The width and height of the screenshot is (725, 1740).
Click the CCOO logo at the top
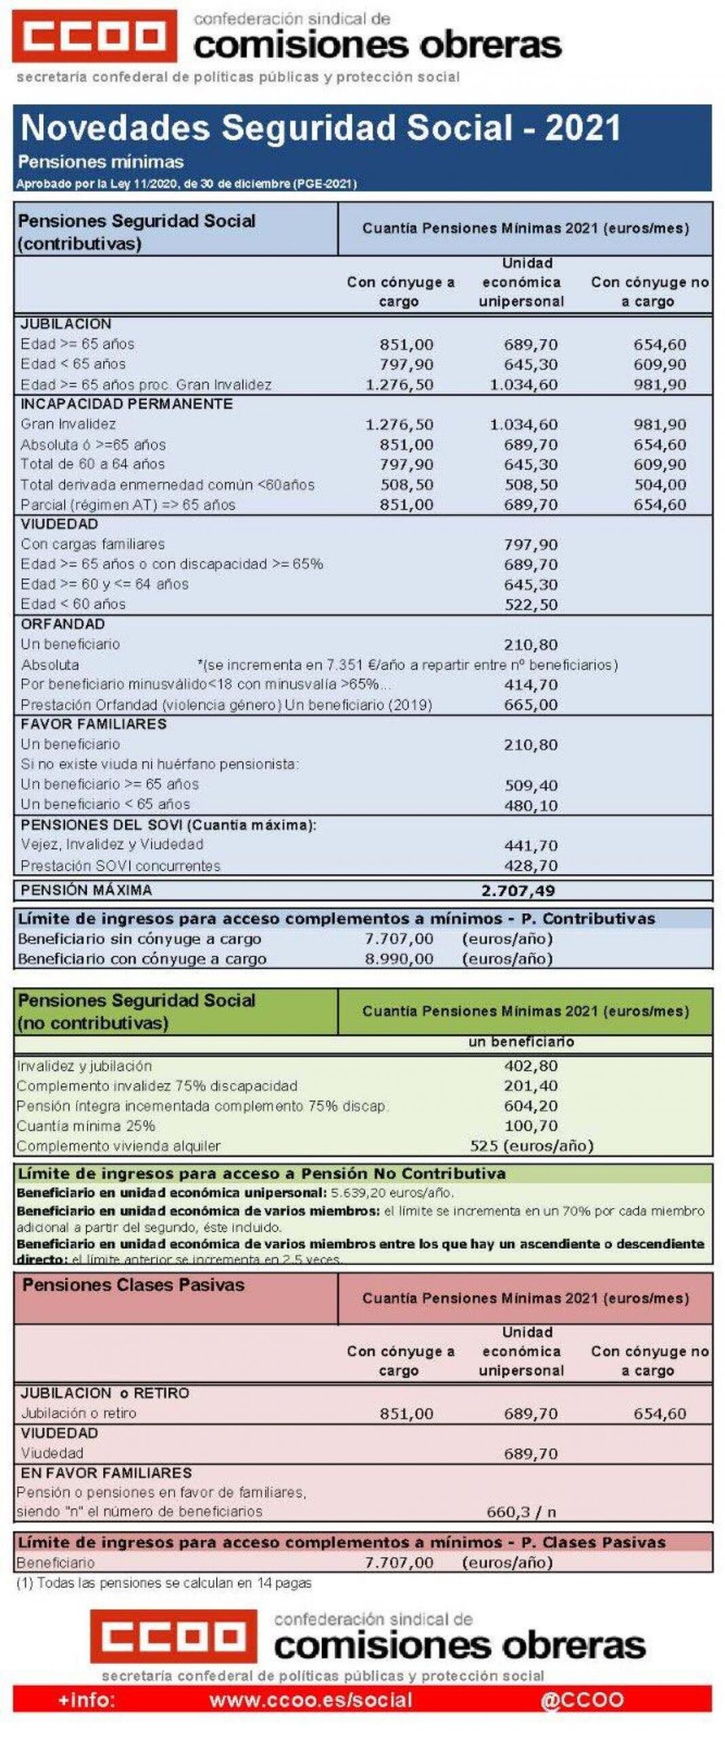coord(94,36)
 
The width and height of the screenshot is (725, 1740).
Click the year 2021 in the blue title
coord(582,128)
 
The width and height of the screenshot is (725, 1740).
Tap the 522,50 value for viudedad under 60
coord(530,604)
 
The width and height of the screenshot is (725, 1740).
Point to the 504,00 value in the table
coord(659,485)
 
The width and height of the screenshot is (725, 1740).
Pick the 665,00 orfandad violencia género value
coord(530,705)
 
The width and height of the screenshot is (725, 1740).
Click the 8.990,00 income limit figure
coord(399,959)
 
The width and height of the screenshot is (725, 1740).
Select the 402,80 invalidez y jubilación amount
coord(530,1066)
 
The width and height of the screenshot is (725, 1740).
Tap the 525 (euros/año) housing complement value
coord(531,1146)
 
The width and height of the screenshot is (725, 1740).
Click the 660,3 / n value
coord(520,1512)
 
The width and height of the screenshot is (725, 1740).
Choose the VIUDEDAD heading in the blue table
coord(59,524)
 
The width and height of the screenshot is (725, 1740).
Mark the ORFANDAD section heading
coord(63,624)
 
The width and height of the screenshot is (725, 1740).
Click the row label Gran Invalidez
coord(68,424)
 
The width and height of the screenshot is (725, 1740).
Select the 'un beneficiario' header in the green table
coord(520,1042)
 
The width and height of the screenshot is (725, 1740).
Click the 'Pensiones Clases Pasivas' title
coord(133,1285)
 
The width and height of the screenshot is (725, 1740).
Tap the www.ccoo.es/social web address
coord(311,1701)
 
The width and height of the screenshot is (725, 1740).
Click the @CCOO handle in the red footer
coord(582,1701)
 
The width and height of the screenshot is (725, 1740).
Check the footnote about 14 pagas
coord(164,1583)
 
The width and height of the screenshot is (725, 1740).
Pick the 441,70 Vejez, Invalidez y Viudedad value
coord(530,846)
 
